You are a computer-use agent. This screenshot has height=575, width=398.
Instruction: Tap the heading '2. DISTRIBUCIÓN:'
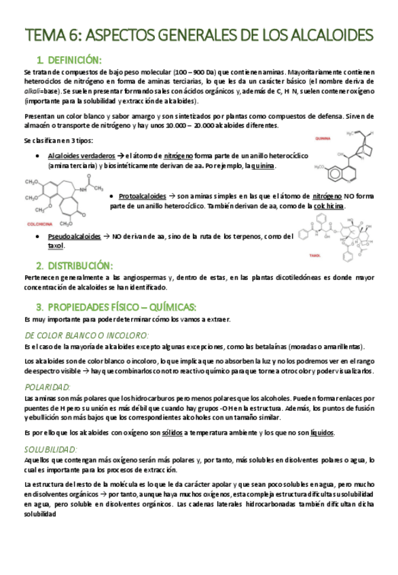(x=74, y=265)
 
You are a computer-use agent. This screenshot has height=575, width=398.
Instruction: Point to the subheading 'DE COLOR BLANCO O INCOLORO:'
(x=86, y=334)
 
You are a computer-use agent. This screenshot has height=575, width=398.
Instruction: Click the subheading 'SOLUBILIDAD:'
(x=51, y=449)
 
